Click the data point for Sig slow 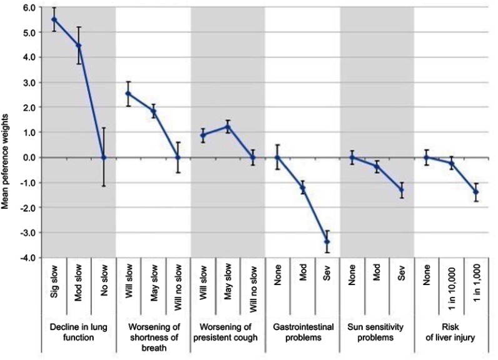tap(54, 19)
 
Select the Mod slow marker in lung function tap(79, 45)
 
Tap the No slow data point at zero tap(104, 157)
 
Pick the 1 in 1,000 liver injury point tap(476, 191)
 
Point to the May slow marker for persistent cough tap(228, 127)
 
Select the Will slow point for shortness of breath tap(128, 94)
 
